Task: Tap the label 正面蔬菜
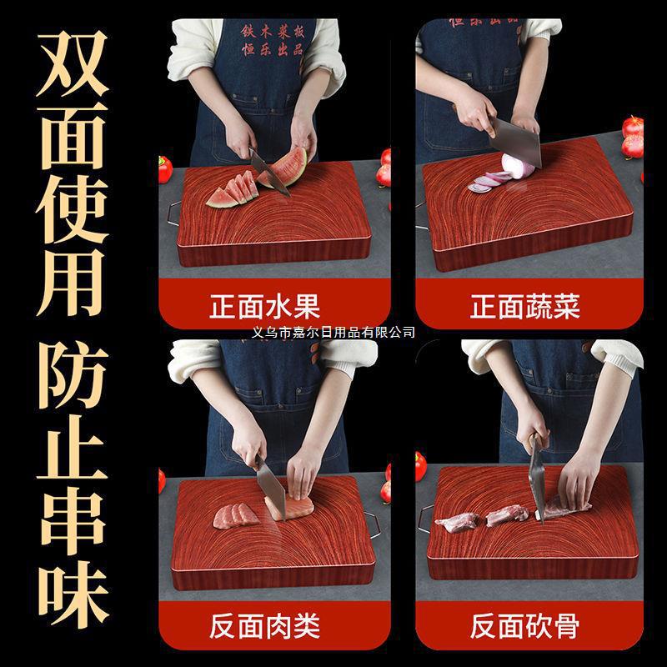524,305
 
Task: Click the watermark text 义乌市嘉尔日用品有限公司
333,332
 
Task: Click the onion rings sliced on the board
489,181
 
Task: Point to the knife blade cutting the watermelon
269,172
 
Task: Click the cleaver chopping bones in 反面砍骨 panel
539,484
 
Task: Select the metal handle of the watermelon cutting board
168,213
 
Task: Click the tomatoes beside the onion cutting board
632,138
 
